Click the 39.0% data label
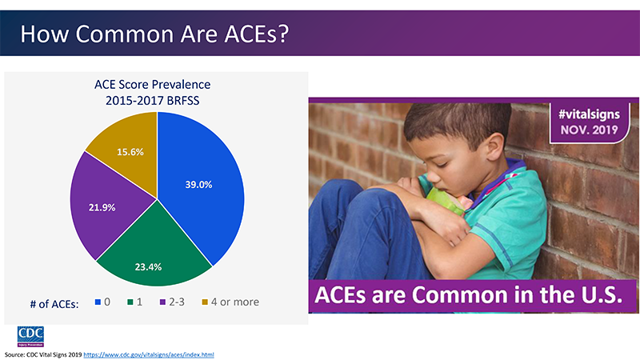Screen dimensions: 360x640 pyautogui.click(x=198, y=184)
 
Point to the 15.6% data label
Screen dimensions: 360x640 pyautogui.click(x=130, y=152)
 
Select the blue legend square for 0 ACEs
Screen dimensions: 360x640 pyautogui.click(x=98, y=302)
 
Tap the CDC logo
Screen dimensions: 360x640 pyautogui.click(x=30, y=335)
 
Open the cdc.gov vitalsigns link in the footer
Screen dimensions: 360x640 pyautogui.click(x=150, y=354)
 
